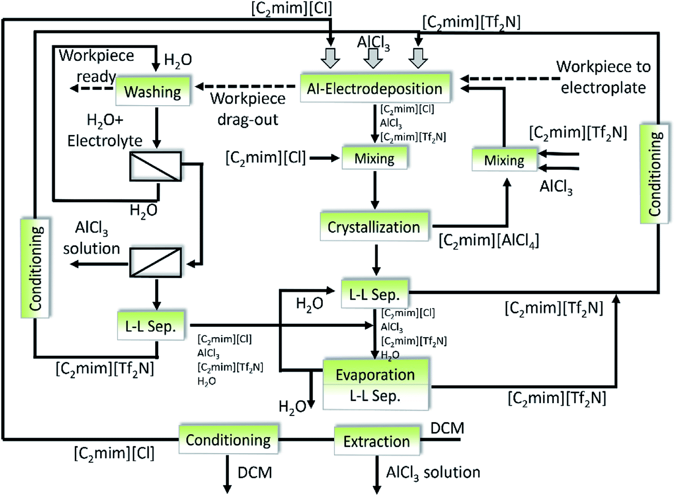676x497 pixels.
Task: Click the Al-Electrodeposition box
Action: point(374,89)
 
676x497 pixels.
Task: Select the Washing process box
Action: point(153,92)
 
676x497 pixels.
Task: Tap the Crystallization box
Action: point(374,227)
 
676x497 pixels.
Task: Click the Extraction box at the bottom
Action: point(376,441)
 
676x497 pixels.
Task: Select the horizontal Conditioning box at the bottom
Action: point(228,440)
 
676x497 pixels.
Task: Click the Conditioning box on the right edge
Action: point(655,173)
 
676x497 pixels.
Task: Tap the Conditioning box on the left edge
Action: point(35,268)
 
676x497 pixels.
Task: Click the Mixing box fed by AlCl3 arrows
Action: point(504,160)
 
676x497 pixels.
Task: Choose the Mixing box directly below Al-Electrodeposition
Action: point(374,158)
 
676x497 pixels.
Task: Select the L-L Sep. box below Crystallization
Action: point(374,294)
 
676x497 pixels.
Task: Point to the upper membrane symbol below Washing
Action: point(155,167)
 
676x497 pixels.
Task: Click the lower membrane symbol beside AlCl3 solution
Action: point(155,262)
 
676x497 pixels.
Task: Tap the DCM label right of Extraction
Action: point(447,428)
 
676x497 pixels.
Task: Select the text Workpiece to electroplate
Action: point(603,77)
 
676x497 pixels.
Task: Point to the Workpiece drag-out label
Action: point(248,109)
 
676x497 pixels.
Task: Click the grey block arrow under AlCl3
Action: point(373,58)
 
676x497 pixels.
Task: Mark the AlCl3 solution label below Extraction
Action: point(433,472)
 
